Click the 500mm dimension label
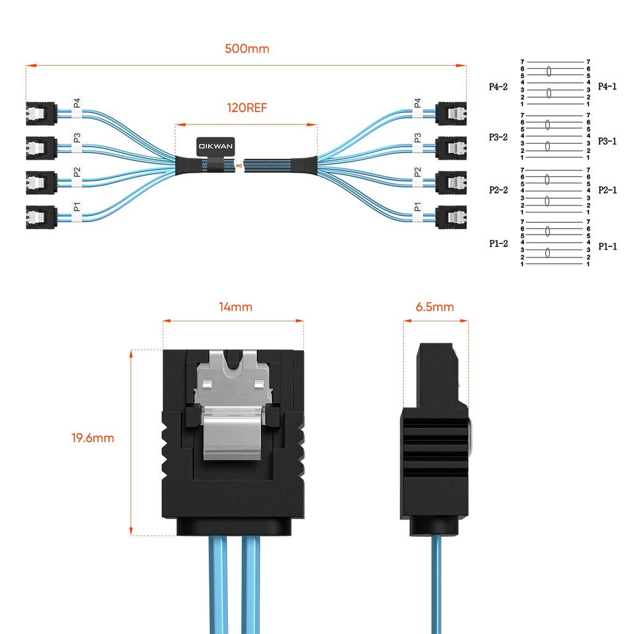246,49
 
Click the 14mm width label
235,306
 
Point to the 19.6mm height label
93,438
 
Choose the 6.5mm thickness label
435,307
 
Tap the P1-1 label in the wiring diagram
607,246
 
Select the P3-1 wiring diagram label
607,141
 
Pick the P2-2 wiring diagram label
498,190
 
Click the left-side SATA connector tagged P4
41,113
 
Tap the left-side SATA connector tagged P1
41,217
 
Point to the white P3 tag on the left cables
77,138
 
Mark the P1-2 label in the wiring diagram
498,244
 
